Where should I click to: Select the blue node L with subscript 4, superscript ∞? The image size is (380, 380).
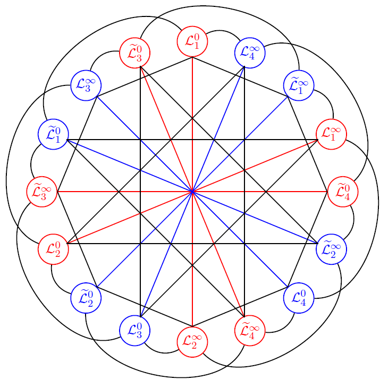(249, 53)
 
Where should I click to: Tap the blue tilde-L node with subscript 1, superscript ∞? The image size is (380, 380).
(299, 85)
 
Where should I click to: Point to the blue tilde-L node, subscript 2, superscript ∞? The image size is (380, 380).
(331, 248)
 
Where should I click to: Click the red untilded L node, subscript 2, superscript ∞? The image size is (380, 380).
(192, 341)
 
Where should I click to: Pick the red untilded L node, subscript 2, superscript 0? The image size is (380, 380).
(53, 248)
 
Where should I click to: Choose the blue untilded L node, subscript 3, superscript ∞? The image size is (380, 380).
(86, 85)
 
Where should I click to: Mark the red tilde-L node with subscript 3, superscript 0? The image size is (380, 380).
(134, 53)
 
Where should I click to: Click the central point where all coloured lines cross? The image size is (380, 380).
(192, 191)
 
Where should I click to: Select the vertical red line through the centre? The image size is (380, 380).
(192, 106)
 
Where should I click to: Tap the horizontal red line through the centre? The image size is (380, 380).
(106, 191)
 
